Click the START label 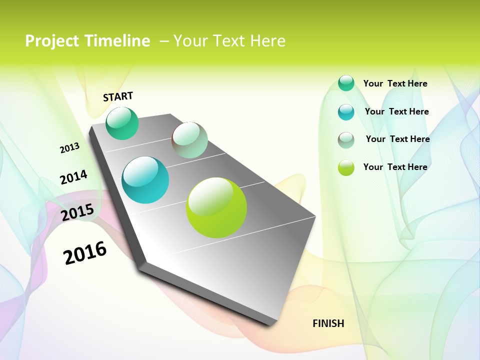[118, 96]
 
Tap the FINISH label [328, 323]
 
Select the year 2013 [69, 148]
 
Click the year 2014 [73, 177]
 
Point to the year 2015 [77, 212]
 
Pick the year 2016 [85, 252]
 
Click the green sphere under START [122, 123]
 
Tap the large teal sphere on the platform [145, 180]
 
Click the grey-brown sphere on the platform [189, 140]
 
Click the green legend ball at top [346, 83]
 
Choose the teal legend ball [346, 112]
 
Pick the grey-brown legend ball [346, 140]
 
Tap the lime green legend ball [346, 167]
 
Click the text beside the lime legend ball [395, 167]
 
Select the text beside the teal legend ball [396, 111]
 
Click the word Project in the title [51, 41]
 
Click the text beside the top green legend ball [395, 83]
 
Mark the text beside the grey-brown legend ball [397, 139]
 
